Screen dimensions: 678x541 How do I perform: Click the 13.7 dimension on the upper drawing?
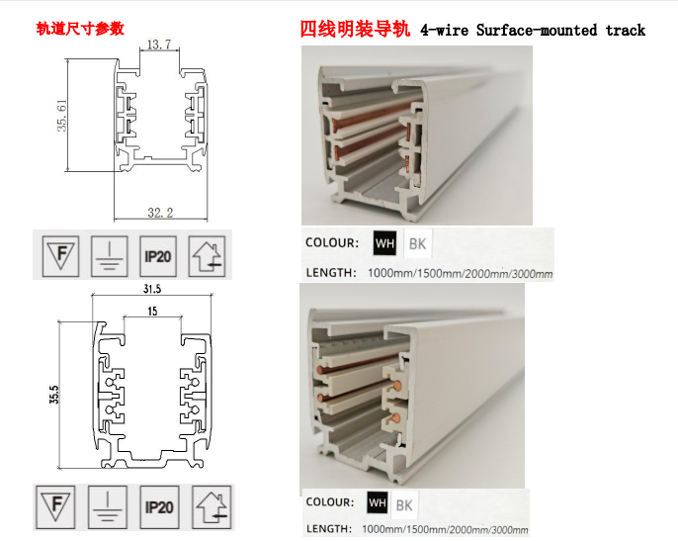click(159, 45)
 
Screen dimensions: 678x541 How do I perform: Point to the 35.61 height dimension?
click(62, 116)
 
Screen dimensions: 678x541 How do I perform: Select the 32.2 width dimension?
click(160, 213)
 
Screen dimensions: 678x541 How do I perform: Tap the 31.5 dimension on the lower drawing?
click(152, 289)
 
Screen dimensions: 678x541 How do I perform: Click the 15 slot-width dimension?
click(152, 312)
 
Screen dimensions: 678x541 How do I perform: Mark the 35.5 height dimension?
click(54, 395)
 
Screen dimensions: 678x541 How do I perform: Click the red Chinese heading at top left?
click(80, 29)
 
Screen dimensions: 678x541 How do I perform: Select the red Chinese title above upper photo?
click(355, 30)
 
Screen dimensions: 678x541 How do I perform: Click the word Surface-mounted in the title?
click(536, 31)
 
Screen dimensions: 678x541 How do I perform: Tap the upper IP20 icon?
click(158, 256)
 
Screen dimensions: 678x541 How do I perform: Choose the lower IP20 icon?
click(159, 507)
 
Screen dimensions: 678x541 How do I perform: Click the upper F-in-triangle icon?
click(61, 256)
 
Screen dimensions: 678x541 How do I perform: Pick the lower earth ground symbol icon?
click(107, 507)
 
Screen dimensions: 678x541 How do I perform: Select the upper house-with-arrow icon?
click(208, 256)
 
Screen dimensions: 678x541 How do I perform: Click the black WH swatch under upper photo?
click(384, 243)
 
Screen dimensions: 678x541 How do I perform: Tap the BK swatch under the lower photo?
click(404, 504)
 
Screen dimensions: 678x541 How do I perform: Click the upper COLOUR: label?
click(332, 242)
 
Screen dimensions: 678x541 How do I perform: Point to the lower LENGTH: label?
click(328, 529)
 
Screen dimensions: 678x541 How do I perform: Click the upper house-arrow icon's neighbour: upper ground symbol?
click(110, 256)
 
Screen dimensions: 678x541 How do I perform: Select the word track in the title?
click(626, 31)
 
